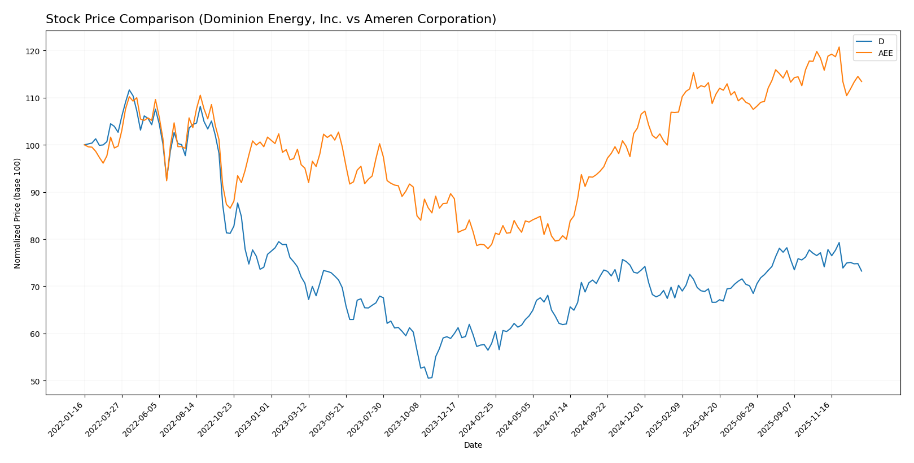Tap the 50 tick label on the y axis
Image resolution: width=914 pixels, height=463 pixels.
34,381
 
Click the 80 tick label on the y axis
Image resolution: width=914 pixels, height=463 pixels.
34,240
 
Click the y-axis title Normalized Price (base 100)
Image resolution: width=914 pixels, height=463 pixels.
18,213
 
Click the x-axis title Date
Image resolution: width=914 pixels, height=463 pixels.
473,445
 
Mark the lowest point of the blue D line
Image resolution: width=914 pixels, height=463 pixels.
428,378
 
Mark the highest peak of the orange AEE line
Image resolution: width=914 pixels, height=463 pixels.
838,47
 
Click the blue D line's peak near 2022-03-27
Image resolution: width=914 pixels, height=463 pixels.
129,90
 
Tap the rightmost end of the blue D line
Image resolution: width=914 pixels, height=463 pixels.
861,271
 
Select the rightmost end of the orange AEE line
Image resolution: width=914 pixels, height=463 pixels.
861,81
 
